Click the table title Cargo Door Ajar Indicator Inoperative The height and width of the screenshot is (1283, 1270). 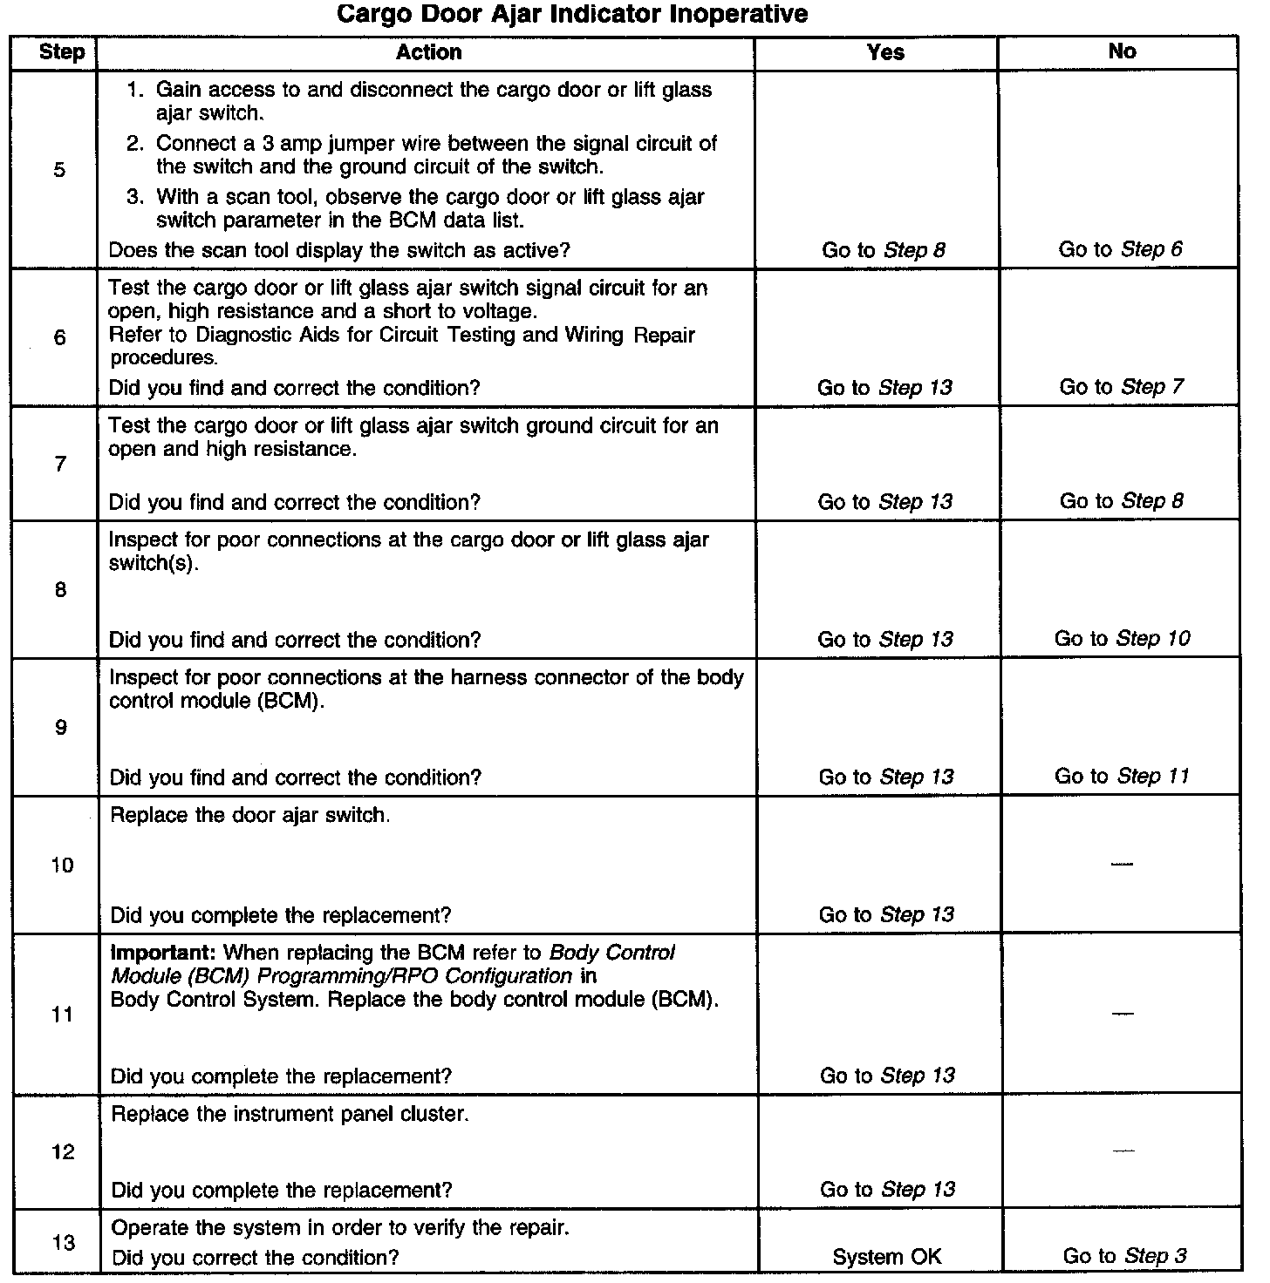(x=571, y=15)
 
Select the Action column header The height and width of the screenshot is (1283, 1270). (x=427, y=52)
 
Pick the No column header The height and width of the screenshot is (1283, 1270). (x=1122, y=52)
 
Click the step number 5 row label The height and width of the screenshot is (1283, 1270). (x=59, y=170)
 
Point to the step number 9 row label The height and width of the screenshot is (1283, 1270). (x=60, y=728)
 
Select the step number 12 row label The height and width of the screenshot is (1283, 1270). (x=63, y=1152)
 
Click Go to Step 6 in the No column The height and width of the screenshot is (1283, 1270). (x=1120, y=250)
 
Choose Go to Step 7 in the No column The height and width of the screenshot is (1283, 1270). (x=1121, y=387)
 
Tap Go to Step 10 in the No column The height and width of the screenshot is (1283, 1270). (x=1122, y=639)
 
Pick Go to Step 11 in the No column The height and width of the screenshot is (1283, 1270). (x=1122, y=777)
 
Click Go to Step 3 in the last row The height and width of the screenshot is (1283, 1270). (x=1123, y=1257)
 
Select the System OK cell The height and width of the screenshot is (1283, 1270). (x=886, y=1257)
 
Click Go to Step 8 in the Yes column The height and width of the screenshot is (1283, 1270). (x=883, y=251)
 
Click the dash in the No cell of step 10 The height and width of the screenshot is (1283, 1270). (x=1123, y=864)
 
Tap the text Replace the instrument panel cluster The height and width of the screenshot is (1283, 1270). (x=290, y=1115)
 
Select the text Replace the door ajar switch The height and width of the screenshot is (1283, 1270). (x=250, y=816)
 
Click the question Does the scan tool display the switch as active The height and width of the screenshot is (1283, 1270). (x=338, y=251)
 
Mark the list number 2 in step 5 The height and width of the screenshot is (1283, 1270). (x=134, y=144)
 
